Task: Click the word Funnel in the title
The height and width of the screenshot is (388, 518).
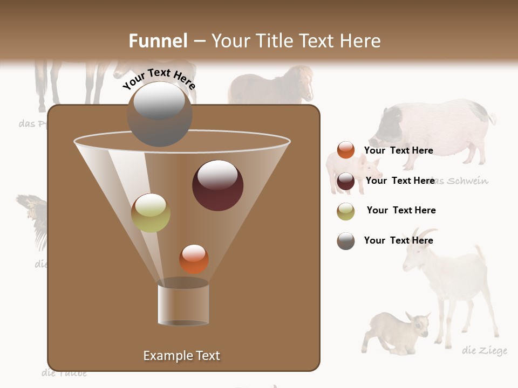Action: pyautogui.click(x=158, y=41)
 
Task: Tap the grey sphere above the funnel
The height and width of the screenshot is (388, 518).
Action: pyautogui.click(x=160, y=114)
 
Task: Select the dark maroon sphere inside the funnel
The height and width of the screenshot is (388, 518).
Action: pyautogui.click(x=218, y=185)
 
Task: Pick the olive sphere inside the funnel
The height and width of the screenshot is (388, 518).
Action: pyautogui.click(x=151, y=213)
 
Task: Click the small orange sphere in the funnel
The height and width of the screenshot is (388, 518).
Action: pyautogui.click(x=194, y=259)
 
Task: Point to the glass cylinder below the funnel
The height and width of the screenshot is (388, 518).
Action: pyautogui.click(x=183, y=303)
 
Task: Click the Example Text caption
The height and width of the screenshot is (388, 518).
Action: pyautogui.click(x=182, y=356)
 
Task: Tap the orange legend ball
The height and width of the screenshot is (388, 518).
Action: pyautogui.click(x=346, y=150)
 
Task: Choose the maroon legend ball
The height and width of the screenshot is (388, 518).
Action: pyautogui.click(x=346, y=181)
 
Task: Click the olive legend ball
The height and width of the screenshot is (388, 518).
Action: pyautogui.click(x=346, y=211)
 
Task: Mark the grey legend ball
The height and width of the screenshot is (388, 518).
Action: pyautogui.click(x=346, y=241)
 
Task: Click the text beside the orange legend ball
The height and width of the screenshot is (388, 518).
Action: pyautogui.click(x=398, y=150)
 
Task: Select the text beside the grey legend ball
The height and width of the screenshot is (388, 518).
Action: pyautogui.click(x=398, y=240)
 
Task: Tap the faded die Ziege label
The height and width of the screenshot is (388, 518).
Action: pyautogui.click(x=485, y=351)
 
